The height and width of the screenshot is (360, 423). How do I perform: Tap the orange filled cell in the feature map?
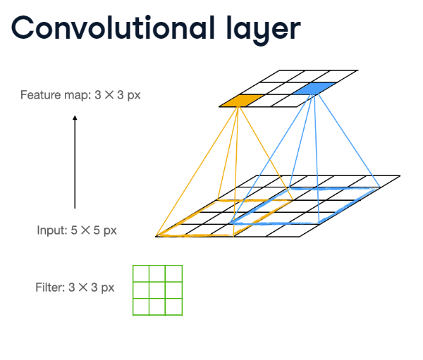(240, 101)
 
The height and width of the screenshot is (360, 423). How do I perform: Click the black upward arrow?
(75, 162)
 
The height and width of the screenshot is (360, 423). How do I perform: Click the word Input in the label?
(51, 230)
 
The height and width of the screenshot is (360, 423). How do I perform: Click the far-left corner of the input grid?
(156, 236)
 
